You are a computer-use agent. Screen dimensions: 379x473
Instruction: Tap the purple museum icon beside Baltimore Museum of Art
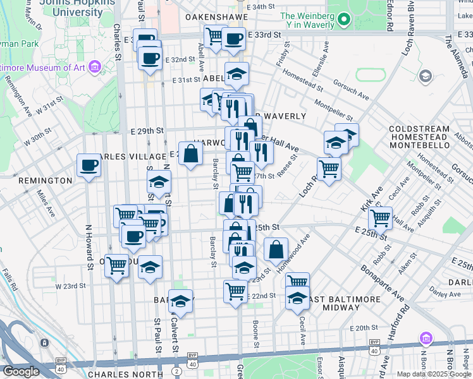(95, 66)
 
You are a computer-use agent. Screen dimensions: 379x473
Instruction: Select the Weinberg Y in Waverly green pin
(344, 21)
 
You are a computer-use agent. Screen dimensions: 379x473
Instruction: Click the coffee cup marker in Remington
(89, 166)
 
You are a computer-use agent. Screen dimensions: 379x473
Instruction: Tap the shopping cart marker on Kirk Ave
(380, 218)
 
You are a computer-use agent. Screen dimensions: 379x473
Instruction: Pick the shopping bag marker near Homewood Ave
(276, 250)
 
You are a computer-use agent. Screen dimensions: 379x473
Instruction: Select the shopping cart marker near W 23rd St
(117, 266)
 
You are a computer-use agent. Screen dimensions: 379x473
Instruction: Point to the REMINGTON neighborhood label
(45, 181)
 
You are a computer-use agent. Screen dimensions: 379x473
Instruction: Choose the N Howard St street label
(90, 249)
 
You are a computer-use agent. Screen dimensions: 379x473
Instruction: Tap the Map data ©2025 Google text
(434, 374)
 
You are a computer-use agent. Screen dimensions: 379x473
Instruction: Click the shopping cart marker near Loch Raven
(329, 169)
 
